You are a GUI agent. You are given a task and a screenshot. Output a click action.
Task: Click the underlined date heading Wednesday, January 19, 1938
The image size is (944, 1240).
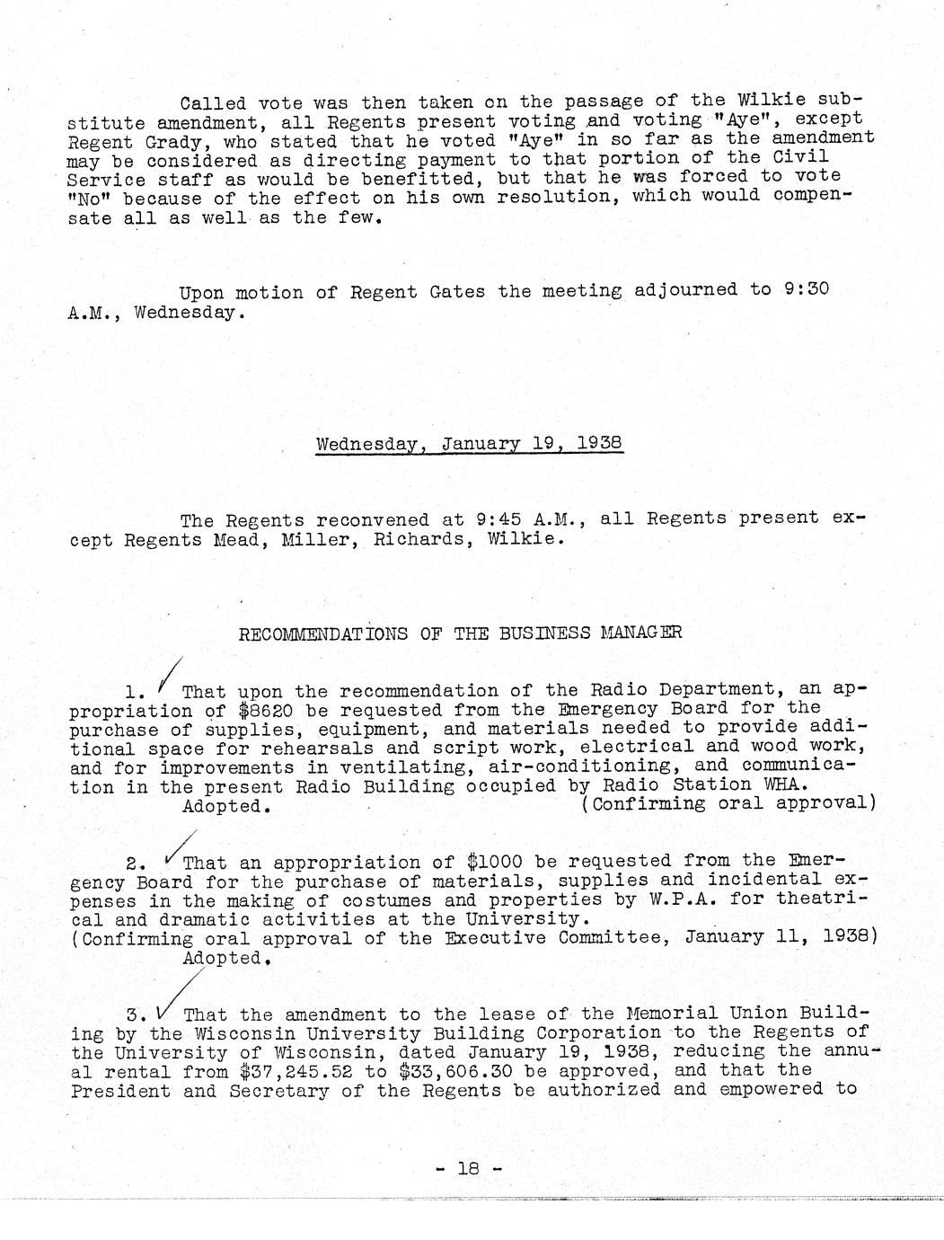pyautogui.click(x=469, y=444)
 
